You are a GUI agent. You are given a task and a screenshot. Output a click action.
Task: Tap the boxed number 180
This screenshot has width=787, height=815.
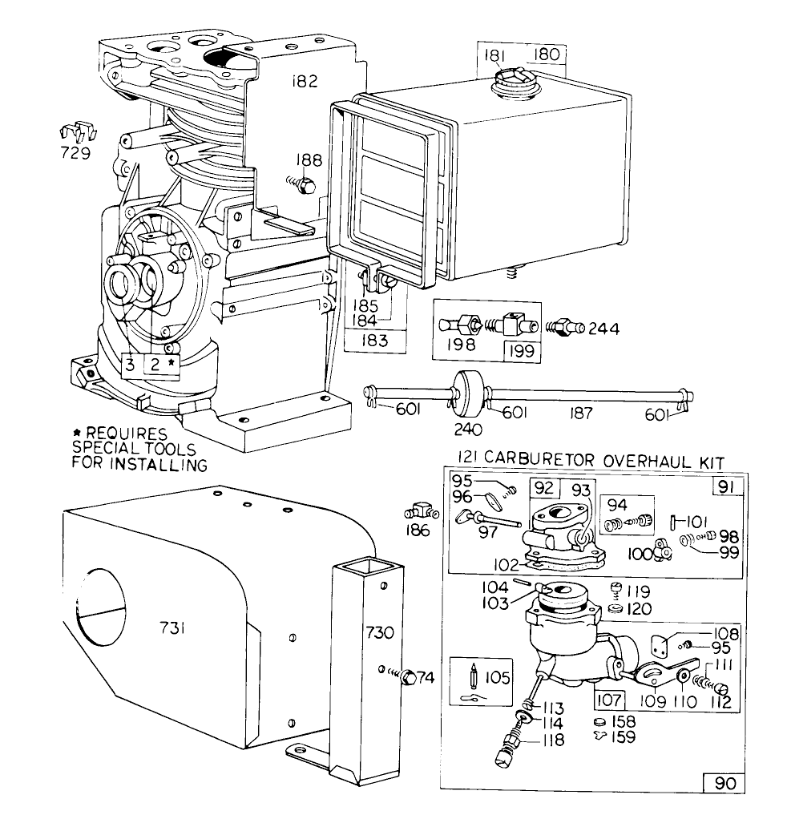[547, 55]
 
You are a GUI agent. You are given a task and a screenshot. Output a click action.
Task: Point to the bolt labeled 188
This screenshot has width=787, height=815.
[304, 186]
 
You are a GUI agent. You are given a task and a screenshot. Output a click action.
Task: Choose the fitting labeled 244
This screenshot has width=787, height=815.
[563, 328]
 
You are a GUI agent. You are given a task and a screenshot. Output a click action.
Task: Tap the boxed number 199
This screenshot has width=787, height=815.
[522, 349]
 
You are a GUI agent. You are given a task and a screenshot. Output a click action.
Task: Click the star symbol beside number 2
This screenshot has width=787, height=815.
[171, 362]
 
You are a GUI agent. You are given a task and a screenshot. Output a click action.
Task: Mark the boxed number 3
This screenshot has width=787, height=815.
[130, 365]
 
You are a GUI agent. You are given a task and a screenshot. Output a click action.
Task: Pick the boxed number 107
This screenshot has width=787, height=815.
[608, 699]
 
